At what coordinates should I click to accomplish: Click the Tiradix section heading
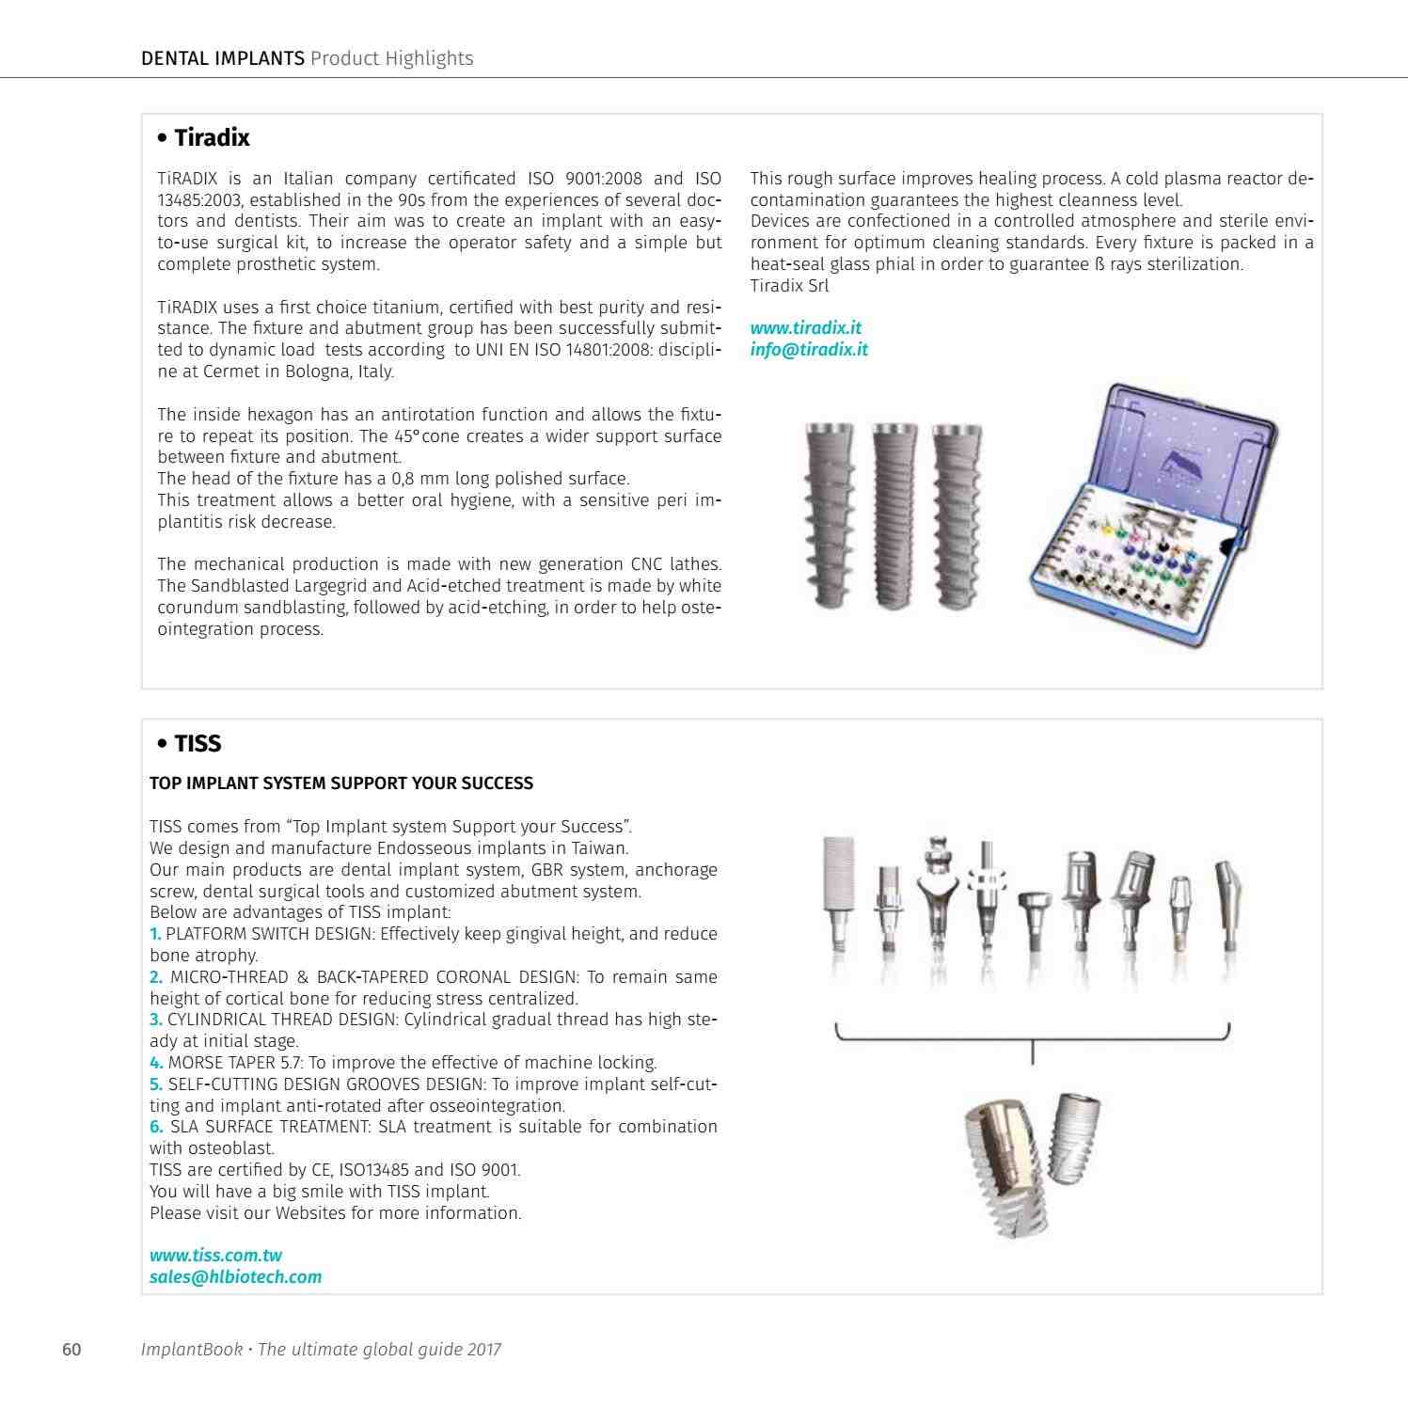click(203, 138)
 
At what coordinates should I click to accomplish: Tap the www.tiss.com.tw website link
click(215, 1256)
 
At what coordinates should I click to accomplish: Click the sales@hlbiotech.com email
click(235, 1277)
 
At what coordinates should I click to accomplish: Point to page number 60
click(71, 1350)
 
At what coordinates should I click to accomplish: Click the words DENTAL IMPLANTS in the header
click(223, 58)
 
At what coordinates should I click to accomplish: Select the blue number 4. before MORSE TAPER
click(156, 1063)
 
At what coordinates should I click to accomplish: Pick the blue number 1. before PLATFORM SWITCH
click(156, 934)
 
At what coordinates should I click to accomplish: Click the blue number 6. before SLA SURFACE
click(156, 1127)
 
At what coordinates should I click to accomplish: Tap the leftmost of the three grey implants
click(828, 518)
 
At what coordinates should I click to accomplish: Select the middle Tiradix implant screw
click(894, 518)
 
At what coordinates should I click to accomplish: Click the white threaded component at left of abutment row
click(837, 894)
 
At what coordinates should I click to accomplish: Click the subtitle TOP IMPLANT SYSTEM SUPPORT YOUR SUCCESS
click(341, 783)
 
